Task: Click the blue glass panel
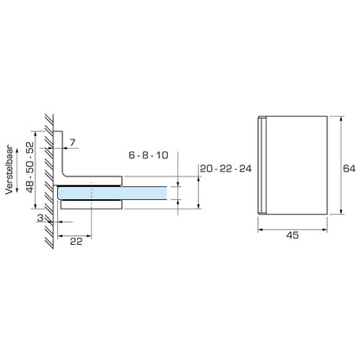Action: (x=138, y=195)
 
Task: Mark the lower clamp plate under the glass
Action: (x=91, y=208)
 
